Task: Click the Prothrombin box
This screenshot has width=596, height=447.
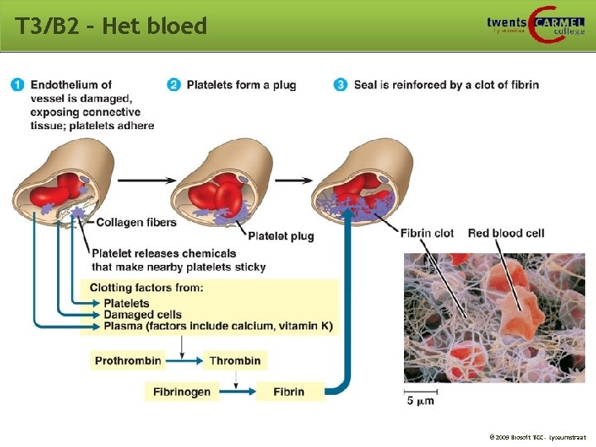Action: click(x=127, y=360)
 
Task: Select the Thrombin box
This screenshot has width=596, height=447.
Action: click(x=235, y=360)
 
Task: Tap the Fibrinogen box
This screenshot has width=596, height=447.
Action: click(x=182, y=392)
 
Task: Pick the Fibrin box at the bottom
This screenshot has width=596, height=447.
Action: click(x=289, y=392)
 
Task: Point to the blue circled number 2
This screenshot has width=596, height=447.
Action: click(x=174, y=84)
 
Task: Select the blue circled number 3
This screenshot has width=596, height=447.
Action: click(x=341, y=84)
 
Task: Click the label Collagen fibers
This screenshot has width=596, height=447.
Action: click(x=137, y=223)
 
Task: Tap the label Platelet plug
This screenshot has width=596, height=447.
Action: click(x=281, y=236)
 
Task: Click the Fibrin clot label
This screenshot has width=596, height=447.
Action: click(x=427, y=233)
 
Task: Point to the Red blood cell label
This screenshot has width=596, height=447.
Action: click(x=506, y=233)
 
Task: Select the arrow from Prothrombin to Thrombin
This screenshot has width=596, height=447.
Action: click(x=183, y=360)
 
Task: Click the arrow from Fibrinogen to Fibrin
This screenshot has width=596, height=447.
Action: click(x=238, y=392)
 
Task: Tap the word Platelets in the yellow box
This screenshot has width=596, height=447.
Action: click(x=127, y=303)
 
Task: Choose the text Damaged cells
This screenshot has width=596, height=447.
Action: click(x=142, y=315)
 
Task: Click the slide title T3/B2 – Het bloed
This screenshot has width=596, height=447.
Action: click(x=110, y=26)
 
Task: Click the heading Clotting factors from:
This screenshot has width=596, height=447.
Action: click(x=147, y=288)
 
